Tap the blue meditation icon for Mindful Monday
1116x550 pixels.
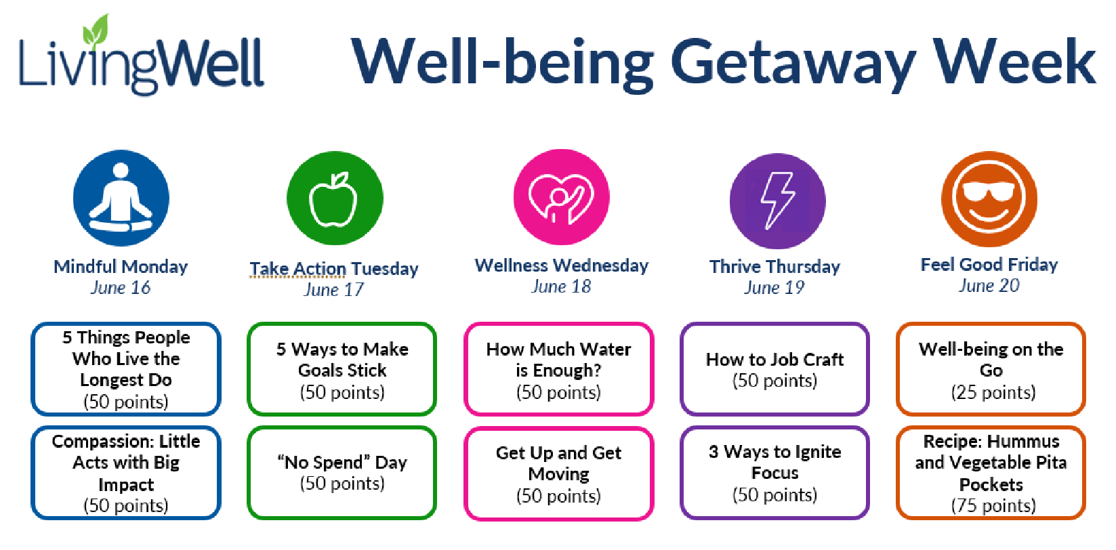[121, 198]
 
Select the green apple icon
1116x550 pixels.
[335, 198]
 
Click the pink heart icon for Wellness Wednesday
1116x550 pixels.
[562, 197]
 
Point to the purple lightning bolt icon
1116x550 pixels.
[777, 200]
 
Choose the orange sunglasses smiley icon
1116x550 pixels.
[989, 198]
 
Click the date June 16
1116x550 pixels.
[121, 287]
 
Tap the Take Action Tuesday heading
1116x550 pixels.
[334, 268]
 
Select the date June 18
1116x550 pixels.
[561, 287]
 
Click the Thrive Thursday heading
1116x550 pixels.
[774, 266]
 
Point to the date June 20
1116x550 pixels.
[989, 285]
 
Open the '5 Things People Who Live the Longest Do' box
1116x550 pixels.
[126, 369]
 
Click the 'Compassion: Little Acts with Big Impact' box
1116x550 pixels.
[126, 473]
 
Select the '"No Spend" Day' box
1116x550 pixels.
[342, 473]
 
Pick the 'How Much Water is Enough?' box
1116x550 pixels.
[558, 369]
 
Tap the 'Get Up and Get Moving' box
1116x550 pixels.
[558, 473]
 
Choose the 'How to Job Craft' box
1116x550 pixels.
[774, 369]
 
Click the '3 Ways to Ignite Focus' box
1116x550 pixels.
[774, 473]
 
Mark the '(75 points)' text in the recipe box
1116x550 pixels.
[993, 506]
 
